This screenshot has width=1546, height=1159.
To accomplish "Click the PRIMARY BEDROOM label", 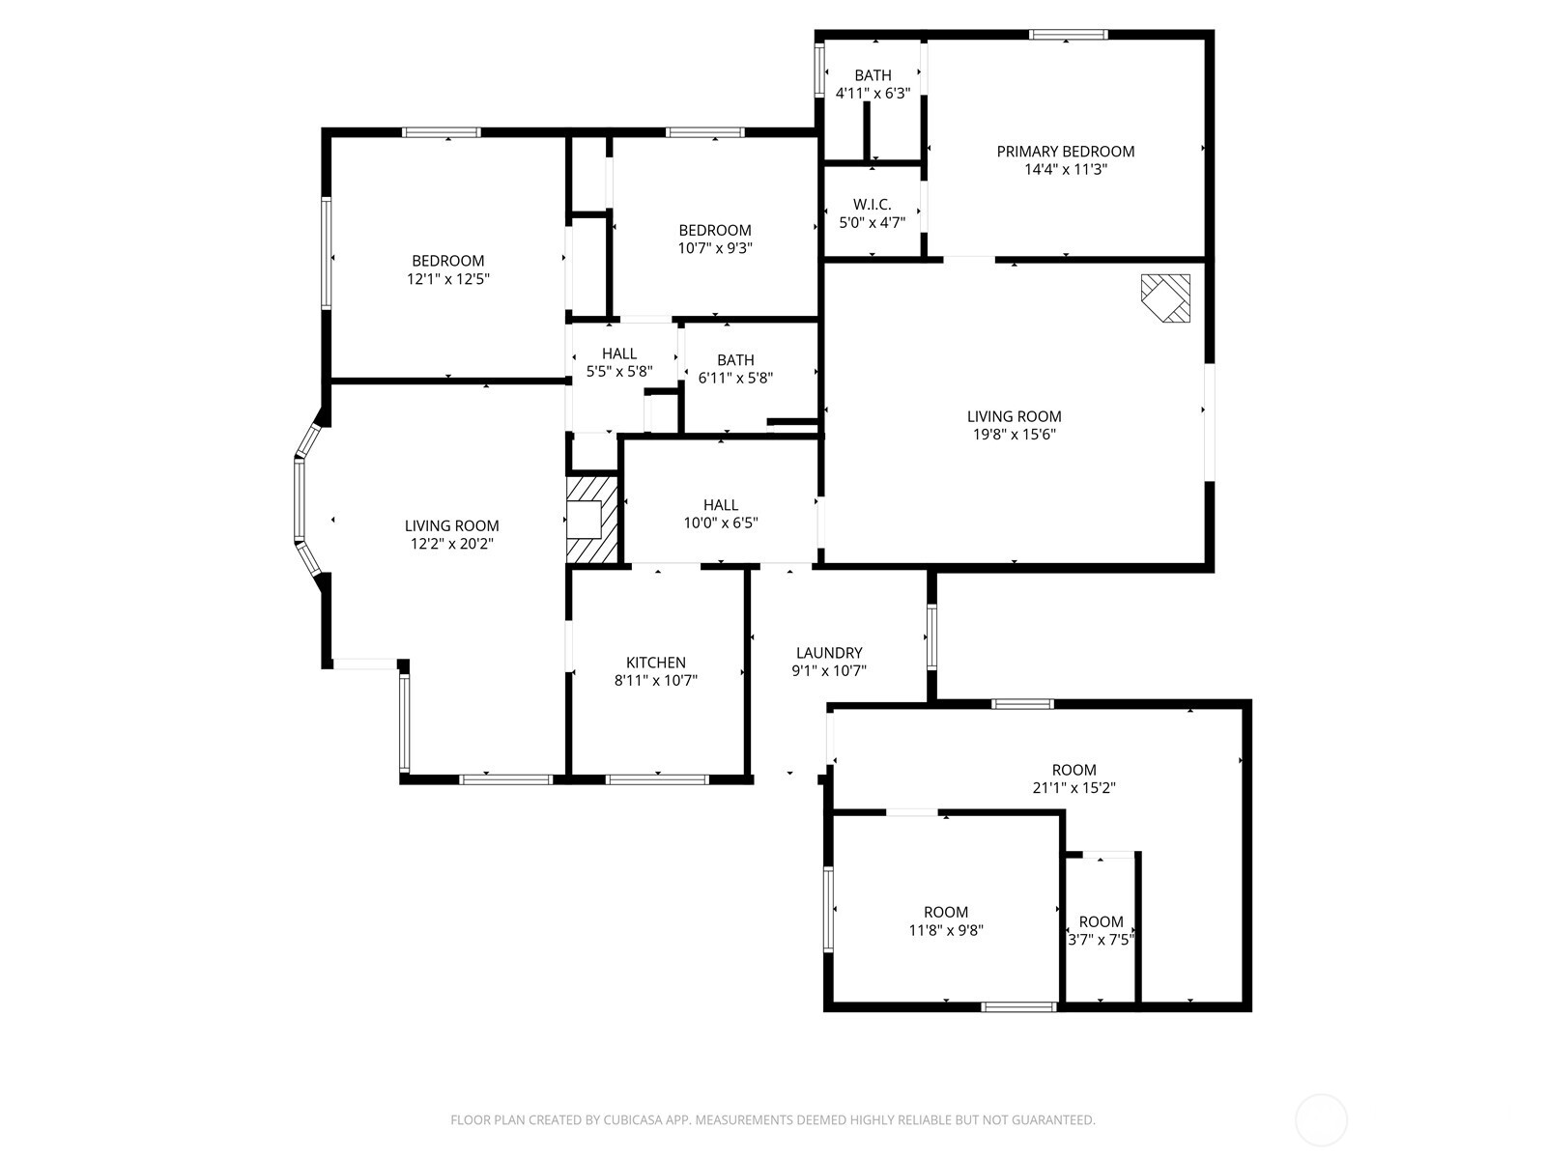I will [x=1065, y=152].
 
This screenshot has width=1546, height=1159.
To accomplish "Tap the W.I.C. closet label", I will [x=872, y=205].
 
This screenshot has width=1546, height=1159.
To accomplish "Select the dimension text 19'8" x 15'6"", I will [x=1014, y=435].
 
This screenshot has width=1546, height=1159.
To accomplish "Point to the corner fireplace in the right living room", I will [x=1166, y=298].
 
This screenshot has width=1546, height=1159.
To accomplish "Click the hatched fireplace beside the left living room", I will [x=592, y=519].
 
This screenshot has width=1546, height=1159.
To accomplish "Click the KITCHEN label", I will [x=656, y=663].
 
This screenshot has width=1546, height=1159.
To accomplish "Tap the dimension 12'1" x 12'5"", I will [x=447, y=278].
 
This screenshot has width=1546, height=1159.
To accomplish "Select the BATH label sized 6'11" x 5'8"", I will [x=735, y=360].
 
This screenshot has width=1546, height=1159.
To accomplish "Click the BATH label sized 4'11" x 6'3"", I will [x=873, y=75].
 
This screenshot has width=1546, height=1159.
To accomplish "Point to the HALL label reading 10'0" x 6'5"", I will [x=721, y=505].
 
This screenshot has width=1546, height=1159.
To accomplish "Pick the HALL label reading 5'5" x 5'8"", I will [x=619, y=353].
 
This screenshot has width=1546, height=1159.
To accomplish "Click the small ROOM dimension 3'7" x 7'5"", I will [x=1101, y=939].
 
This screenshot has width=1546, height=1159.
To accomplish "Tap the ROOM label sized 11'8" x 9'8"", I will [x=946, y=913].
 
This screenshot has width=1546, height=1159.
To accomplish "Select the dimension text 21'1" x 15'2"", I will [x=1074, y=788].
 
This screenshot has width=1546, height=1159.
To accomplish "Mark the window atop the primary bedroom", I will [x=1067, y=35].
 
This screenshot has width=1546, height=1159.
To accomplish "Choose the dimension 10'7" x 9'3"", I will [x=715, y=248].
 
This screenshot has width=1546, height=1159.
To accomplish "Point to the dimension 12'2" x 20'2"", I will [x=451, y=544].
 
